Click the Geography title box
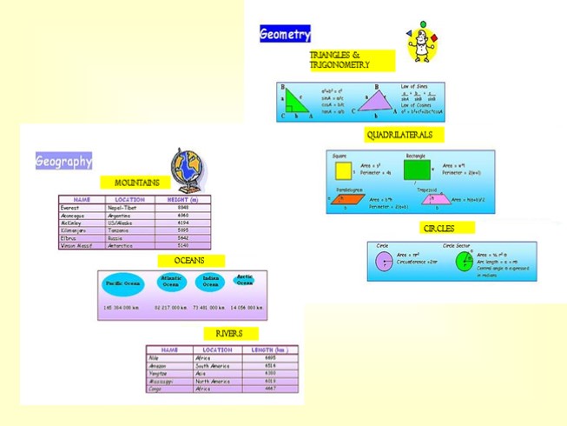[63, 162]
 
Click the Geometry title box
[285, 35]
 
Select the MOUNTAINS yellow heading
[137, 183]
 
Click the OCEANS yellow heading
[191, 261]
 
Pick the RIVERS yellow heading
[230, 334]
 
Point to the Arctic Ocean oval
[244, 279]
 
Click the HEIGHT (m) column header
[183, 200]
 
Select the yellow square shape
[343, 169]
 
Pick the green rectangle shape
[417, 169]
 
